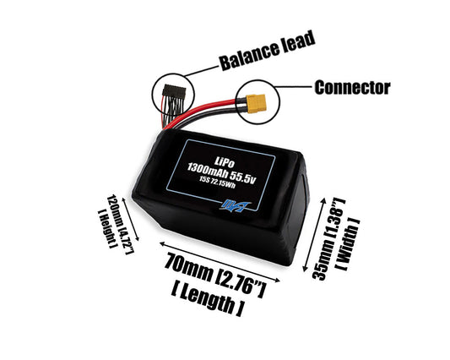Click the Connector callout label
[351, 87]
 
